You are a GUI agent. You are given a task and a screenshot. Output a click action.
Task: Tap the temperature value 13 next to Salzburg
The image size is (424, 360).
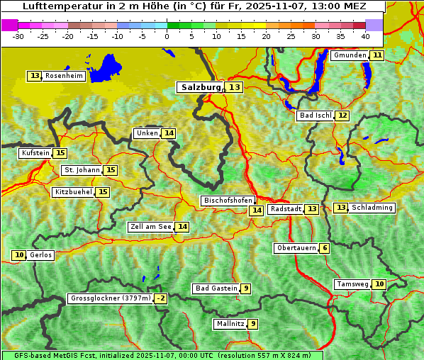coord(234,87)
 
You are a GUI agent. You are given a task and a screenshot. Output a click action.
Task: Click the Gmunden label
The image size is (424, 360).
coord(350,55)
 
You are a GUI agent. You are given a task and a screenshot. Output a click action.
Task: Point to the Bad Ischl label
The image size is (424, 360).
coord(315,116)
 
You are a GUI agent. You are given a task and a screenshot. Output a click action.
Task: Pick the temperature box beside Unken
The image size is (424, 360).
coord(168,133)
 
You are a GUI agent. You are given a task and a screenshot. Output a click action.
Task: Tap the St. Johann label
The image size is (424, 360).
coord(82,170)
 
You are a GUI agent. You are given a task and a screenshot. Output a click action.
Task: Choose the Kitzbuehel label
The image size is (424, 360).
coord(73,192)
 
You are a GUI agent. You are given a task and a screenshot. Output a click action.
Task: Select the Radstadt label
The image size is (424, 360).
coord(286,209)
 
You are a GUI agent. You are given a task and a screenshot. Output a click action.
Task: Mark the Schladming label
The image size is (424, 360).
coord(372,208)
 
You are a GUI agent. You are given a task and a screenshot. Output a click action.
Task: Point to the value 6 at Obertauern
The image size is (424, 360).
coord(324,248)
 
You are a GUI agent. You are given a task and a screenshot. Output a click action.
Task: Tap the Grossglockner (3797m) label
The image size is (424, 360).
coord(111,298)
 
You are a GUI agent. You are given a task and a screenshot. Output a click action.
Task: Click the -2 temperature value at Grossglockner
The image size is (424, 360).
coord(161,298)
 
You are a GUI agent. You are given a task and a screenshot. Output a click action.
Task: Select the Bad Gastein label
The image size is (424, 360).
coord(216,288)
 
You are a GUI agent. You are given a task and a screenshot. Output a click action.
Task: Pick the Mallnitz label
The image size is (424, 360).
coord(230,324)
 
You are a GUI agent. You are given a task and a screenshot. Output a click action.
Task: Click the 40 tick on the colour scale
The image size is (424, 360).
coord(365,35)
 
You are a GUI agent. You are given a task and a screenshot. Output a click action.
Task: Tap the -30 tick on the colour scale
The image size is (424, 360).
coord(18,35)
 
